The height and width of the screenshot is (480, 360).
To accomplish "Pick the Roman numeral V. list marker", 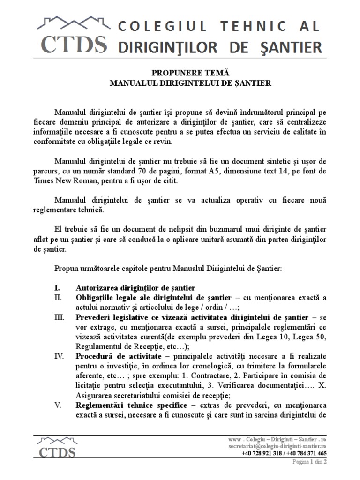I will pyautogui.click(x=58, y=405).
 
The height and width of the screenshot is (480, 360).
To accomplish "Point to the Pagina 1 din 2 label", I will pyautogui.click(x=309, y=462).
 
